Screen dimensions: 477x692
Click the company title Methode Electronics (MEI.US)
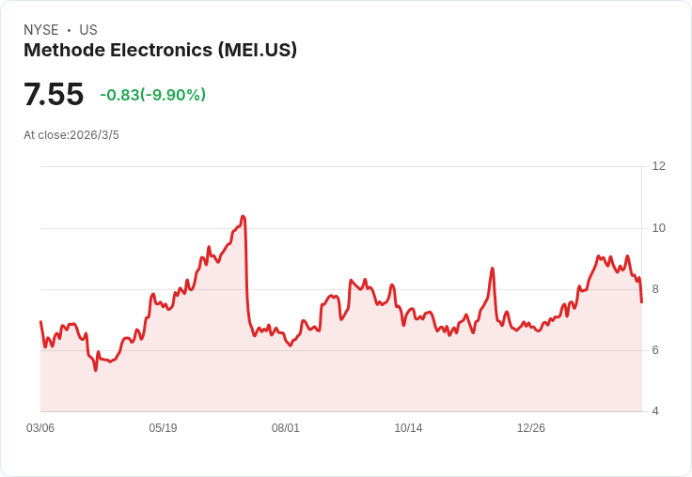pyautogui.click(x=160, y=50)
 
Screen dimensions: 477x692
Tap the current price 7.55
pyautogui.click(x=54, y=94)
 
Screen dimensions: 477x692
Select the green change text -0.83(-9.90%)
pyautogui.click(x=152, y=95)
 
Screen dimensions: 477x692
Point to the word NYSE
pyautogui.click(x=40, y=30)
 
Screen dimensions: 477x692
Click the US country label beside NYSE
pyautogui.click(x=88, y=30)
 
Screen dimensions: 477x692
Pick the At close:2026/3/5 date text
pyautogui.click(x=71, y=135)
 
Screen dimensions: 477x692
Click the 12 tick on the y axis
pyautogui.click(x=658, y=166)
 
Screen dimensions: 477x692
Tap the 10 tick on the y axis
pyautogui.click(x=658, y=228)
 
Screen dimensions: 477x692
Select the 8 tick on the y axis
pyautogui.click(x=655, y=289)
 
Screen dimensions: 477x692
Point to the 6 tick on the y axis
pyautogui.click(x=655, y=350)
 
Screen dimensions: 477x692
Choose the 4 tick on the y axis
pyautogui.click(x=655, y=411)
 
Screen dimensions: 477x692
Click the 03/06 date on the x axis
pyautogui.click(x=40, y=428)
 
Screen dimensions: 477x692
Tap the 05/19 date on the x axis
pyautogui.click(x=163, y=428)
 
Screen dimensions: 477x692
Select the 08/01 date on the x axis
pyautogui.click(x=286, y=428)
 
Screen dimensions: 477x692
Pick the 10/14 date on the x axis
pyautogui.click(x=408, y=428)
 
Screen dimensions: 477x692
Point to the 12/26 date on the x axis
pyautogui.click(x=531, y=428)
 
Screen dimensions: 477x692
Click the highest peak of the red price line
pyautogui.click(x=243, y=217)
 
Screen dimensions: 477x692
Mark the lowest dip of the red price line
pyautogui.click(x=95, y=370)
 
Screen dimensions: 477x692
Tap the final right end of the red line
pyautogui.click(x=641, y=301)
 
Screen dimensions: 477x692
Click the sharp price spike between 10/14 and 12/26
pyautogui.click(x=492, y=269)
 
